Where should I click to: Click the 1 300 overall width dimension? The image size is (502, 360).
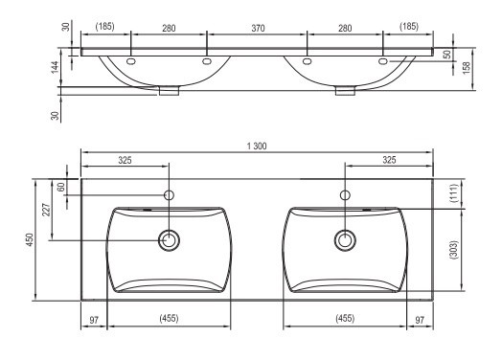257,146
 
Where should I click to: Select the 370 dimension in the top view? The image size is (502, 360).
258,29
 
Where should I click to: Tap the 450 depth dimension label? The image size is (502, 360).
30,239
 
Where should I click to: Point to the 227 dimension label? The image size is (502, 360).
46,210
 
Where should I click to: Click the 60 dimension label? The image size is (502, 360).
60,187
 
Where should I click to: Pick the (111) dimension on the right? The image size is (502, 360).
453,193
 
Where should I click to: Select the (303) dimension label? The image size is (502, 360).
453,250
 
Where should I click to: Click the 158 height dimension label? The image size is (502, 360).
467,68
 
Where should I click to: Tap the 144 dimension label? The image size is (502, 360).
55,67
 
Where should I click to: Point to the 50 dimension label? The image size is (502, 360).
447,55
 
